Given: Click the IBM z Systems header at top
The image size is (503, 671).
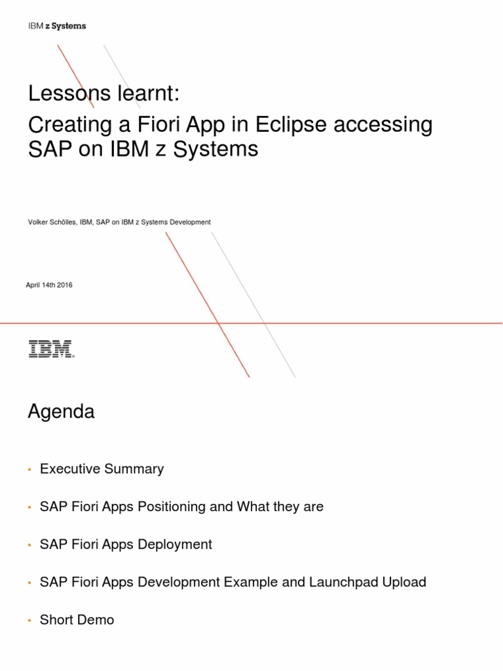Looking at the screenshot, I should [57, 26].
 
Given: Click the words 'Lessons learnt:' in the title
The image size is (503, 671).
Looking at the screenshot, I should [103, 94].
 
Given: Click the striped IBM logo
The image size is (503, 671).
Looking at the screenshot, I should [51, 349].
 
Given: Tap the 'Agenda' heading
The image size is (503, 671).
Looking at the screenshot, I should [61, 412].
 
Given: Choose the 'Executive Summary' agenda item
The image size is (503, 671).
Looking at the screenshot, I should [102, 469].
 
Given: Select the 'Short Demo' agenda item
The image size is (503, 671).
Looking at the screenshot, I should [77, 620].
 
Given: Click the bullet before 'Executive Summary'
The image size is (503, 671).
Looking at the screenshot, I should [29, 470].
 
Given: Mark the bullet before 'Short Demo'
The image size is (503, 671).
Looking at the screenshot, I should [29, 621].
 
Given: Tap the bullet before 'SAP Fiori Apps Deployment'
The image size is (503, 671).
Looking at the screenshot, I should [29, 545].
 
